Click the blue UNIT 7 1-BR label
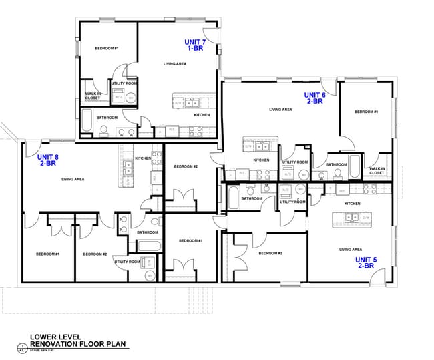[x=196, y=45]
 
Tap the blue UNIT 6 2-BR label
[x=315, y=98]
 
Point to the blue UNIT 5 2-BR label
[x=365, y=262]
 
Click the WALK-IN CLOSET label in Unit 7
[x=93, y=96]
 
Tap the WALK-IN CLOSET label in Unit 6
[x=377, y=170]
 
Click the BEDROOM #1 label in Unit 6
[x=366, y=112]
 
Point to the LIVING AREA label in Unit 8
[x=72, y=179]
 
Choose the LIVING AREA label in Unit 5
[x=351, y=250]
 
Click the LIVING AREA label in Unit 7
[x=175, y=64]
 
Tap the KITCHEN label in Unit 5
[x=353, y=203]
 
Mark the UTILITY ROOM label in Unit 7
[x=124, y=83]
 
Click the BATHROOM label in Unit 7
[x=107, y=118]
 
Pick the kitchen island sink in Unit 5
[x=350, y=216]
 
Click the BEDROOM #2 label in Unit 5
[x=270, y=253]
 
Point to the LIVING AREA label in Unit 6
[x=280, y=110]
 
